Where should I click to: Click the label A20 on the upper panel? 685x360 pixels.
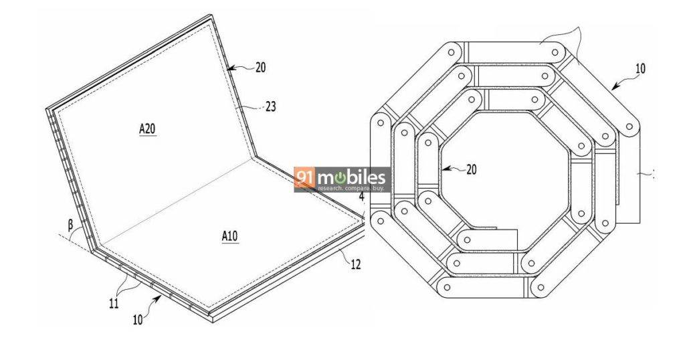147,129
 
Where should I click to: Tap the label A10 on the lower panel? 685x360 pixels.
230,236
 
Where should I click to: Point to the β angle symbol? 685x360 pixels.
71,226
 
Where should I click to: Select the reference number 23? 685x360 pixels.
271,106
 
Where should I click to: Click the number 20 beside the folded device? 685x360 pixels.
260,68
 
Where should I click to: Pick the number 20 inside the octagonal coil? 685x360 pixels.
472,169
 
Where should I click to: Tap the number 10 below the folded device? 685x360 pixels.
138,319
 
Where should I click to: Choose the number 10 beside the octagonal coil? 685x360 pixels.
640,69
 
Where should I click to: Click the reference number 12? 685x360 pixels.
356,264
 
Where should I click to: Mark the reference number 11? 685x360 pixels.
114,303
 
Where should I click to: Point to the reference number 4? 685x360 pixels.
361,196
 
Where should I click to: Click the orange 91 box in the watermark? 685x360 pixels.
305,177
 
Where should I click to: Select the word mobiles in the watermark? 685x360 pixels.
352,177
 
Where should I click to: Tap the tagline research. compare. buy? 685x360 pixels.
351,188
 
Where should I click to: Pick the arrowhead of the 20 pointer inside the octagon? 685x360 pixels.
443,168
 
